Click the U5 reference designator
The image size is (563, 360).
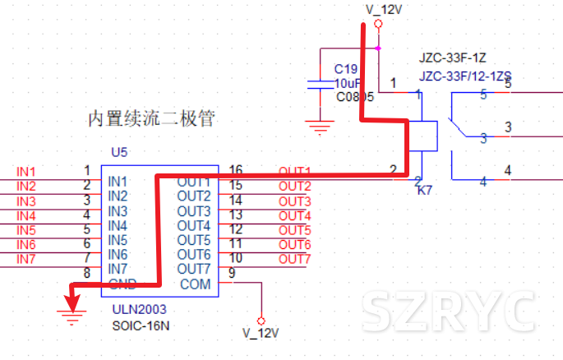tap(120, 152)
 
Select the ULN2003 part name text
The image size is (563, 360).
tap(139, 310)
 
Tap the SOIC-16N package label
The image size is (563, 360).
tap(141, 325)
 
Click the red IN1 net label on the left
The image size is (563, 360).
tap(26, 172)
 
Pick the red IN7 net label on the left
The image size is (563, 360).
tap(26, 260)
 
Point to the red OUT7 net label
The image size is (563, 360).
tap(295, 260)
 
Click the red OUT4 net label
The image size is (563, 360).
tap(295, 215)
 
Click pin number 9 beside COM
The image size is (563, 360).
tap(233, 274)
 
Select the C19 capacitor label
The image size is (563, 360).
tap(345, 69)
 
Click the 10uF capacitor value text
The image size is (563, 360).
tap(348, 83)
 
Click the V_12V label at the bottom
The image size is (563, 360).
tap(261, 334)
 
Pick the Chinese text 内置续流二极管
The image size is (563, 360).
tap(151, 119)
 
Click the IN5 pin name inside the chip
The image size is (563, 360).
tap(118, 240)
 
